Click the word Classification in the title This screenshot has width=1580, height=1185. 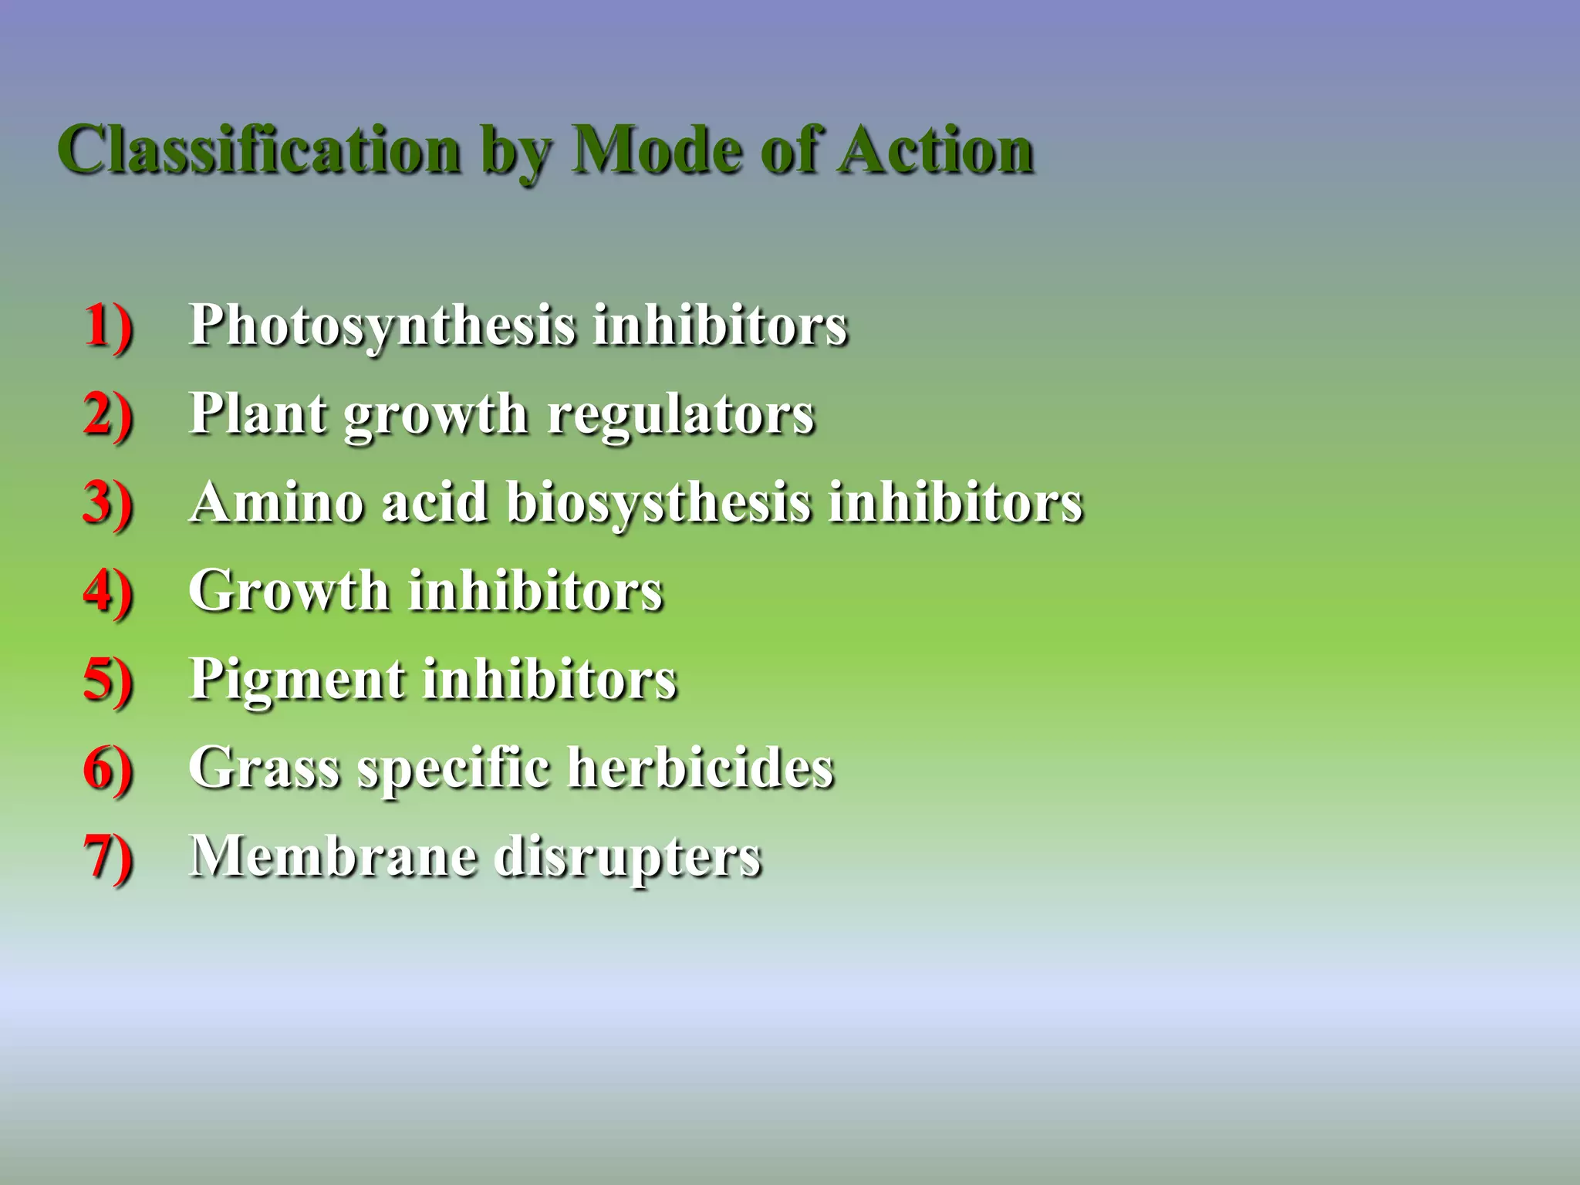(259, 150)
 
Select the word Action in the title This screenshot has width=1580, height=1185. (937, 150)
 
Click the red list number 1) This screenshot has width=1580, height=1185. (108, 326)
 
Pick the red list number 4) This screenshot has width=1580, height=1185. (108, 592)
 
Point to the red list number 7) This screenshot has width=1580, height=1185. (108, 857)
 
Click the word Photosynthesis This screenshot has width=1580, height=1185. (382, 326)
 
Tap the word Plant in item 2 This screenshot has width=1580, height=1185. (258, 414)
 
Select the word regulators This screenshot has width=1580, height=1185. (680, 414)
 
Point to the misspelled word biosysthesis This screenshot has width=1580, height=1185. (659, 503)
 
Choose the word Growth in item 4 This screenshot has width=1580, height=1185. (289, 592)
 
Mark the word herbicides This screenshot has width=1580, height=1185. (701, 768)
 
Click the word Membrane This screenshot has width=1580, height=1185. (333, 857)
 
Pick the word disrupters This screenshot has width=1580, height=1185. (628, 857)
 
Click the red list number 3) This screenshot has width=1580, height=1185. (108, 503)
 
